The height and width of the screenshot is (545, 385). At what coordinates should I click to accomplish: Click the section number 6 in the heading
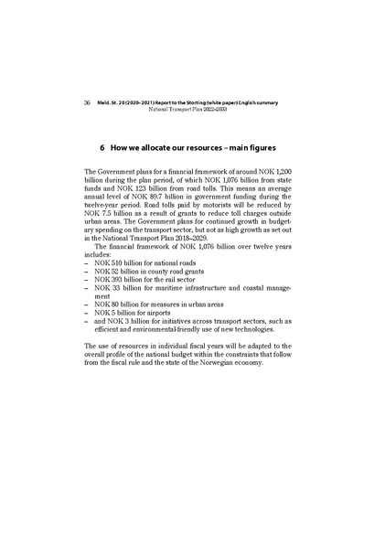point(108,146)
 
